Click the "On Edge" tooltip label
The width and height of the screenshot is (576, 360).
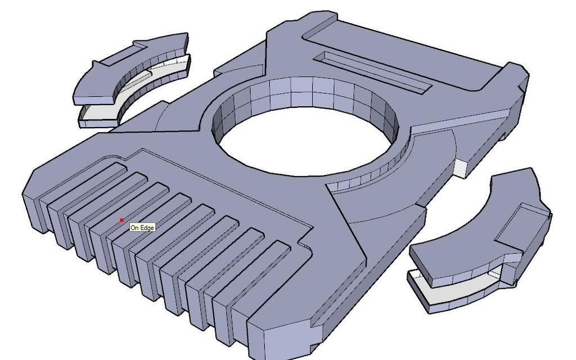[142, 227]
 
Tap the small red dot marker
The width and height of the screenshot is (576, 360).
[121, 220]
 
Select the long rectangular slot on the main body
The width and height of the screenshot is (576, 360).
[373, 71]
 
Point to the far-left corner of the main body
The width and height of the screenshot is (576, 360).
[28, 191]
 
